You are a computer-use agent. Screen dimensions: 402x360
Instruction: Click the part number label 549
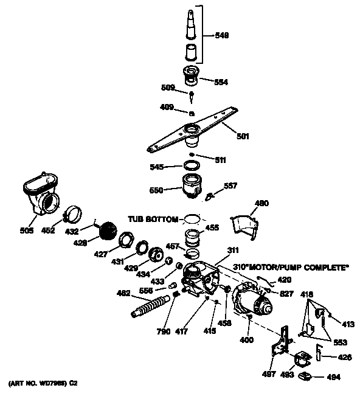[x=222, y=36]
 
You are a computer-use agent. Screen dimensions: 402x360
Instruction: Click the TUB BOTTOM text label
[x=153, y=218]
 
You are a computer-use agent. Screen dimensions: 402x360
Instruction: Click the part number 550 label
[x=157, y=190]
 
